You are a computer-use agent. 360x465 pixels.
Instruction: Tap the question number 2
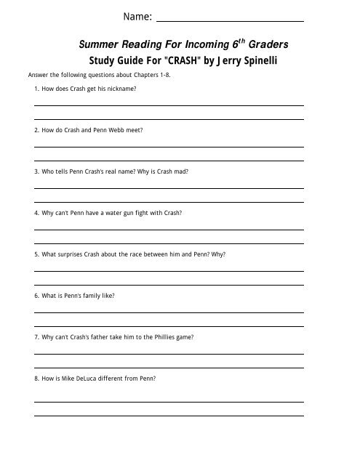(x=36, y=130)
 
